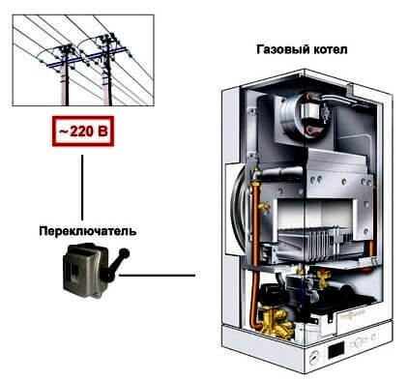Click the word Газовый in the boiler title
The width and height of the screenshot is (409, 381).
coord(282,50)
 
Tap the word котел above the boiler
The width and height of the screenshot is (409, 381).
coord(330,50)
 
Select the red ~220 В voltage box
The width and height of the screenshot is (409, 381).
coord(83,132)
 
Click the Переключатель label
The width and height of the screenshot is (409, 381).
coord(87,231)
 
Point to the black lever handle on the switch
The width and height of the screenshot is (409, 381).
coord(115,265)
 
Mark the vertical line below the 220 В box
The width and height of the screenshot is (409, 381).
coord(82,188)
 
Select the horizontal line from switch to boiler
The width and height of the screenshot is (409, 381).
coord(157,276)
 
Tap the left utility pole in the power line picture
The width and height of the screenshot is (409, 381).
coord(66,76)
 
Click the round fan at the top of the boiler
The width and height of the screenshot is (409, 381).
coord(302,113)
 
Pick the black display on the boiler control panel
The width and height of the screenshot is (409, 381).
coord(336,350)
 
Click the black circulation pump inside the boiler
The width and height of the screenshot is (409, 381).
coord(273,296)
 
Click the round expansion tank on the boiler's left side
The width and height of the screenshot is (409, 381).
coord(239,210)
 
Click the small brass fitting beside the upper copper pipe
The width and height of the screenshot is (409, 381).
coord(264,207)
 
